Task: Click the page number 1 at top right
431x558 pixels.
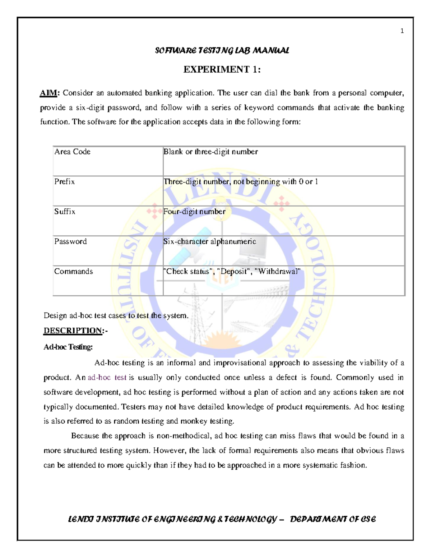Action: (402, 31)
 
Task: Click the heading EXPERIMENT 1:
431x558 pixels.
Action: (222, 69)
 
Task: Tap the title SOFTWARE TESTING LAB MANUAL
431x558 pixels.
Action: (222, 51)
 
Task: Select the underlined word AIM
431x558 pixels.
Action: (48, 93)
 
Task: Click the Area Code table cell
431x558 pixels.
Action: (72, 152)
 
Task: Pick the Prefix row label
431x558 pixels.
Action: (65, 182)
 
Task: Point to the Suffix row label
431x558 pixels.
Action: (65, 212)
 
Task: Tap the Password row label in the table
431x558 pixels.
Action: (70, 241)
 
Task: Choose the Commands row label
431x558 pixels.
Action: (73, 271)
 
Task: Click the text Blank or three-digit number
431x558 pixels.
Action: (210, 152)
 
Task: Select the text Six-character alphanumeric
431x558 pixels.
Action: (209, 241)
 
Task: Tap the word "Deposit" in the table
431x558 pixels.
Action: (235, 271)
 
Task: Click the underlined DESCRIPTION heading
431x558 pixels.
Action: (73, 331)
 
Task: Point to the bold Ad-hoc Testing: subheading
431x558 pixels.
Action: (68, 347)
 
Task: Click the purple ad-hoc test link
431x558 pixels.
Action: (107, 378)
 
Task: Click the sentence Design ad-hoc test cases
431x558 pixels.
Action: (116, 316)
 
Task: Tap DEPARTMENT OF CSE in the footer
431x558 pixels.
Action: (333, 519)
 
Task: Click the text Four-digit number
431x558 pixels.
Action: (194, 212)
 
